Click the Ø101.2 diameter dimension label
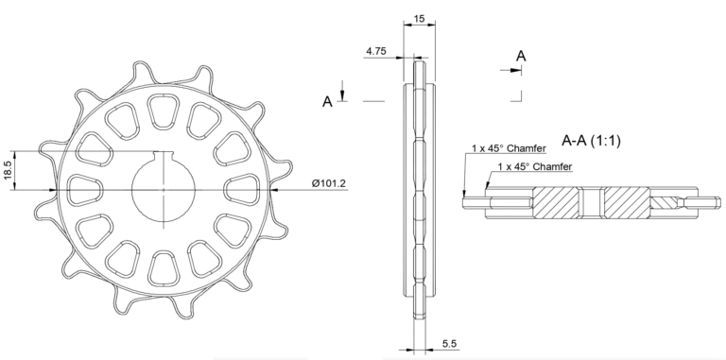[329, 183]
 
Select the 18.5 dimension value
[9, 170]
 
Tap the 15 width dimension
[419, 19]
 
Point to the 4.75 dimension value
[376, 51]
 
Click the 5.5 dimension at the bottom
[450, 344]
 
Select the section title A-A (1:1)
[591, 140]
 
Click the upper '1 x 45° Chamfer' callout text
[509, 148]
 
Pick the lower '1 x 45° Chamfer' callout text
[535, 166]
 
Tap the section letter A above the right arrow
[521, 56]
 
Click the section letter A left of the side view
[327, 102]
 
